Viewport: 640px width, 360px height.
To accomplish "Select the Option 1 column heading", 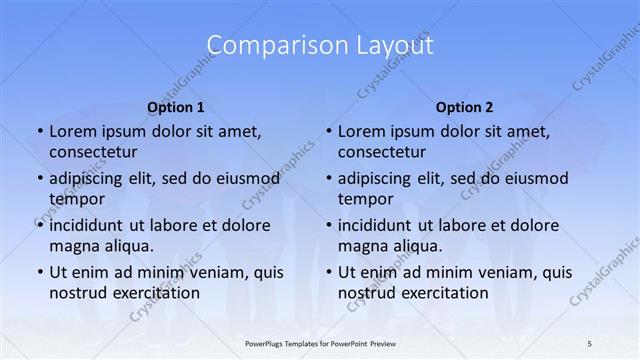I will pyautogui.click(x=176, y=107).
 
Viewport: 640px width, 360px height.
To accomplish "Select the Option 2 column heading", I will pyautogui.click(x=465, y=107).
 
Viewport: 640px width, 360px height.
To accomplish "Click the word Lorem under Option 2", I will pyautogui.click(x=362, y=131).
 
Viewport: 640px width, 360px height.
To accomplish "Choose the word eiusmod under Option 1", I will pyautogui.click(x=241, y=179).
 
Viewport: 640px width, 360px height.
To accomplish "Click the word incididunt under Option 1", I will pyautogui.click(x=91, y=225).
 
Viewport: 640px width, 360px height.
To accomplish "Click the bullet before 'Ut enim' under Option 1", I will pyautogui.click(x=39, y=272).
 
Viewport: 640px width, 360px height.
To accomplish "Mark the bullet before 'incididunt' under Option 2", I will pyautogui.click(x=328, y=225).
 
